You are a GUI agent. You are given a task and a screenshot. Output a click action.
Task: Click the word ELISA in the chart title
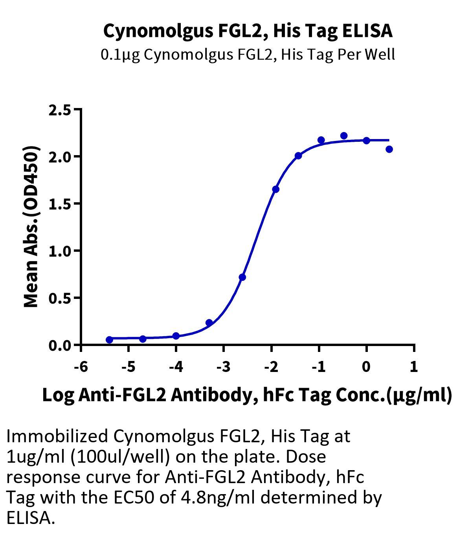[x=367, y=31]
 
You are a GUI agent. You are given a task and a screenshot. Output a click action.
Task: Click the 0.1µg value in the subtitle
[x=121, y=55]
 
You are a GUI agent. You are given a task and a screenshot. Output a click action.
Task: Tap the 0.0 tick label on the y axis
[x=60, y=346]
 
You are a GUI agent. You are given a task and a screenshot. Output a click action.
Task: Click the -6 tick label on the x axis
[x=81, y=367]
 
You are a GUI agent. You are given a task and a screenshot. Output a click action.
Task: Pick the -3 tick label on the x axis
[x=223, y=367]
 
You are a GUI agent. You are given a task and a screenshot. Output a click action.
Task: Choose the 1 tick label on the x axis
[x=413, y=367]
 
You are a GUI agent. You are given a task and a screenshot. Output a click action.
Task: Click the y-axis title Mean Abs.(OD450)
[x=31, y=227]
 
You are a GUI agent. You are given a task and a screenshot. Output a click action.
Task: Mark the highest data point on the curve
[x=344, y=136]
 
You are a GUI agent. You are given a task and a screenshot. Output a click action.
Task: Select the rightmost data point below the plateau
[x=389, y=149]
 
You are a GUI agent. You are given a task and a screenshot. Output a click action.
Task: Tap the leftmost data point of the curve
[x=109, y=340]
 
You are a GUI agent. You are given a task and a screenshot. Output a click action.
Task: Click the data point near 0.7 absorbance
[x=242, y=277]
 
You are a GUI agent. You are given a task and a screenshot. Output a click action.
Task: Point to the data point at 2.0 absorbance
[x=298, y=156]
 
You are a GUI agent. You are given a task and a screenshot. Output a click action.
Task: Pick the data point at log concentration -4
[x=176, y=336]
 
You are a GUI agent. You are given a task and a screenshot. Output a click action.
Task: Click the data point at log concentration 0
[x=366, y=141]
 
